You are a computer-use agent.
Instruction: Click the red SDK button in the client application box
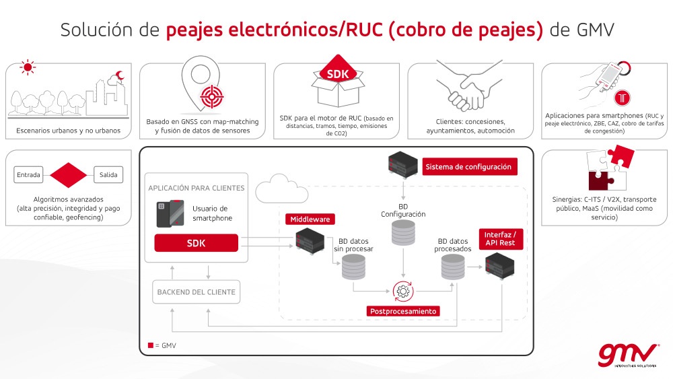[x=196, y=243]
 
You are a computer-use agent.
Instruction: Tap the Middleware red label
[x=310, y=219]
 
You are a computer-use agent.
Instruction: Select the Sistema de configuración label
[x=470, y=166]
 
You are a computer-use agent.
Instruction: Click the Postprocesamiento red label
[x=403, y=311]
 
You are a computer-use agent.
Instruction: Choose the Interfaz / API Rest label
[x=501, y=239]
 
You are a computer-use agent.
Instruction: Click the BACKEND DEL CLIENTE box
[x=196, y=292]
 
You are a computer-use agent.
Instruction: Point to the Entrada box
[x=28, y=175]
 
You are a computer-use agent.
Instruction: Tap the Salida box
[x=108, y=175]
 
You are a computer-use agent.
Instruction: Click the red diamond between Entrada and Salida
[x=68, y=175]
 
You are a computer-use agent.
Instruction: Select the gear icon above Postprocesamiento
[x=403, y=292]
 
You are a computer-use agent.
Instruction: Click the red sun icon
[x=28, y=67]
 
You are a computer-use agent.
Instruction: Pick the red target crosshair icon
[x=212, y=96]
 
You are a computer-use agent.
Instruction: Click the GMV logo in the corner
[x=628, y=355]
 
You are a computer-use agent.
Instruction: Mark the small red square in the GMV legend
[x=151, y=345]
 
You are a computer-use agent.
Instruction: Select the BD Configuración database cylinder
[x=403, y=233]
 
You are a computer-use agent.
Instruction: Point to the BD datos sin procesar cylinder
[x=353, y=267]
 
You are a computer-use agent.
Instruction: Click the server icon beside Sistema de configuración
[x=402, y=164]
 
